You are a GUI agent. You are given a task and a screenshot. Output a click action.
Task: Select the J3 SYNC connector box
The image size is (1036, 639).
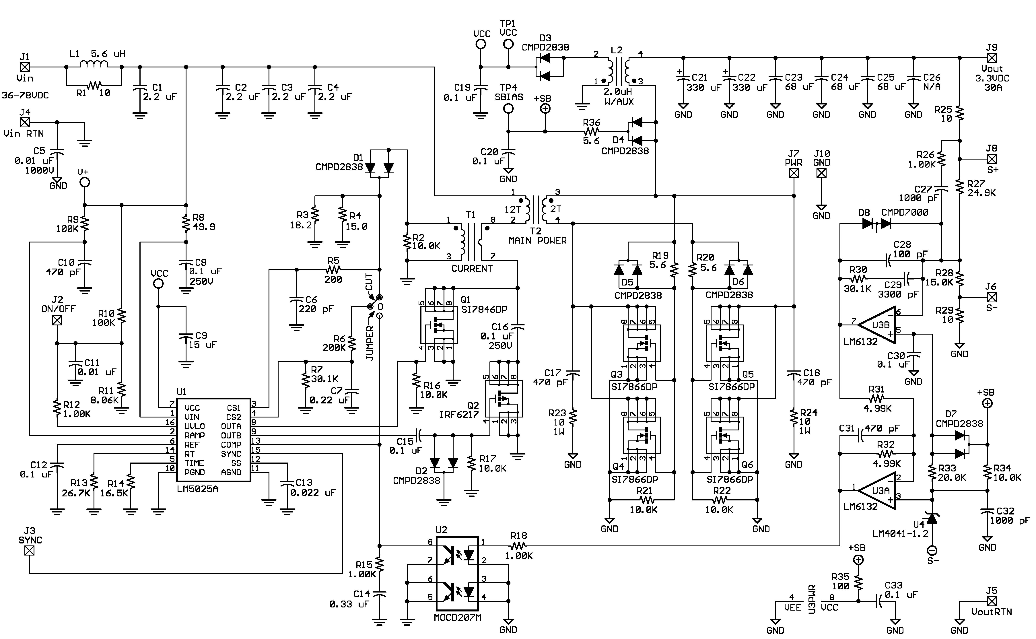pos(30,551)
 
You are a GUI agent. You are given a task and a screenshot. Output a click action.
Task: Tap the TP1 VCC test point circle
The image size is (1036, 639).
pos(508,44)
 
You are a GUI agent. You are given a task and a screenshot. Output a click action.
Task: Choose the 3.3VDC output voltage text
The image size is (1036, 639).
pos(992,78)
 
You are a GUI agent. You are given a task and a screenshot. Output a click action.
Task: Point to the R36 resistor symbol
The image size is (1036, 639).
pos(592,131)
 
